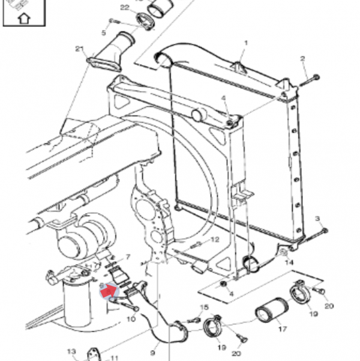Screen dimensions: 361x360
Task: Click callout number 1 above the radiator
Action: (246, 43)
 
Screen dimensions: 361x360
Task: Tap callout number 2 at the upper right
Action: (303, 58)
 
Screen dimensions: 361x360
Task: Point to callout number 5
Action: (103, 32)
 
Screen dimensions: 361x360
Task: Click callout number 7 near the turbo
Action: (127, 257)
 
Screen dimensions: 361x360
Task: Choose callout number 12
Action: (215, 240)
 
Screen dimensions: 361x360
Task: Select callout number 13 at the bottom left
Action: (71, 351)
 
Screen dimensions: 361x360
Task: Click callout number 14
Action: (289, 262)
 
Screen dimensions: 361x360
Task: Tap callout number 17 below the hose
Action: (281, 329)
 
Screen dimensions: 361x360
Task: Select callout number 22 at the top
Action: (124, 7)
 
